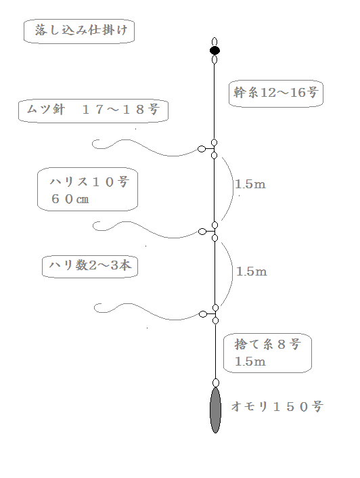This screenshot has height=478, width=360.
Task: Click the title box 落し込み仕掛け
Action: pos(79,30)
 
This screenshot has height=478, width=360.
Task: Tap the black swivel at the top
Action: pos(215,50)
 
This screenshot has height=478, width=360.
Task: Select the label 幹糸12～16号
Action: pos(276,94)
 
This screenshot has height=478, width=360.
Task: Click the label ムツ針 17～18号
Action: pos(93,110)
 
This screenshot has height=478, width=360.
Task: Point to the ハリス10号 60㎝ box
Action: pos(87,189)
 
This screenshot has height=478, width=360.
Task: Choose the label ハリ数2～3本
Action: pos(90,267)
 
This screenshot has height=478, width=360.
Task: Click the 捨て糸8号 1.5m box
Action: pos(267,353)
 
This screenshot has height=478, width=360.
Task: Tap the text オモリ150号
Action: pos(277,407)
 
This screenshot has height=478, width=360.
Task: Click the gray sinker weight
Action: pos(215,410)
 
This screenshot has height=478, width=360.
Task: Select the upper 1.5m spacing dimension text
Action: pos(250,184)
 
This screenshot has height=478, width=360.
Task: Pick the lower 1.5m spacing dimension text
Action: pos(251,271)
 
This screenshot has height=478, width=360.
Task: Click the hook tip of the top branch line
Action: pos(99,140)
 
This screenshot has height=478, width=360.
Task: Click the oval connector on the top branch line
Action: pos(202,149)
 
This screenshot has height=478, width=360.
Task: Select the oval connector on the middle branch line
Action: pos(202,232)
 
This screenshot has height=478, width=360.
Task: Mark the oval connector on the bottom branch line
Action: pos(203,314)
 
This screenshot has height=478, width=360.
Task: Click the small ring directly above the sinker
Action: pos(216,383)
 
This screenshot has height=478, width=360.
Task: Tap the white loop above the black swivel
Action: pos(215,42)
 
